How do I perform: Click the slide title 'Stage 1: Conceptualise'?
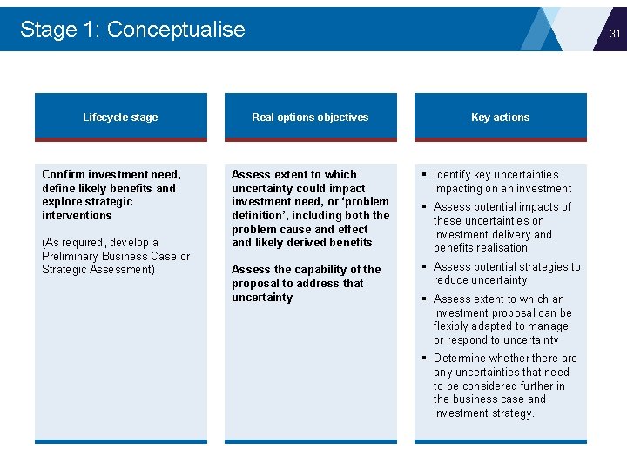pyautogui.click(x=132, y=29)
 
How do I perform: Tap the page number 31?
pyautogui.click(x=615, y=34)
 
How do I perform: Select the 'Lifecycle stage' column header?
pyautogui.click(x=120, y=117)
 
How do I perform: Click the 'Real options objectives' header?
pyautogui.click(x=310, y=117)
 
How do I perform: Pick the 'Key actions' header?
pyautogui.click(x=500, y=117)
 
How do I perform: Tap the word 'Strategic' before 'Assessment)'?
pyautogui.click(x=66, y=270)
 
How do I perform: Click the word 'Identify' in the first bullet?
pyautogui.click(x=453, y=175)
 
